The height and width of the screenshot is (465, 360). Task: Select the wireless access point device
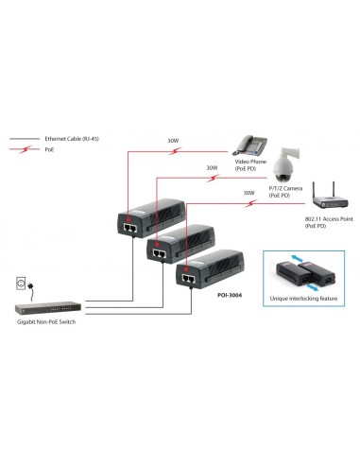coord(327,202)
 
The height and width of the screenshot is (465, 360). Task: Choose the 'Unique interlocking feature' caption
coord(301,296)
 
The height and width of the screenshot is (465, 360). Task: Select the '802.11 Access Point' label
coord(323,220)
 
